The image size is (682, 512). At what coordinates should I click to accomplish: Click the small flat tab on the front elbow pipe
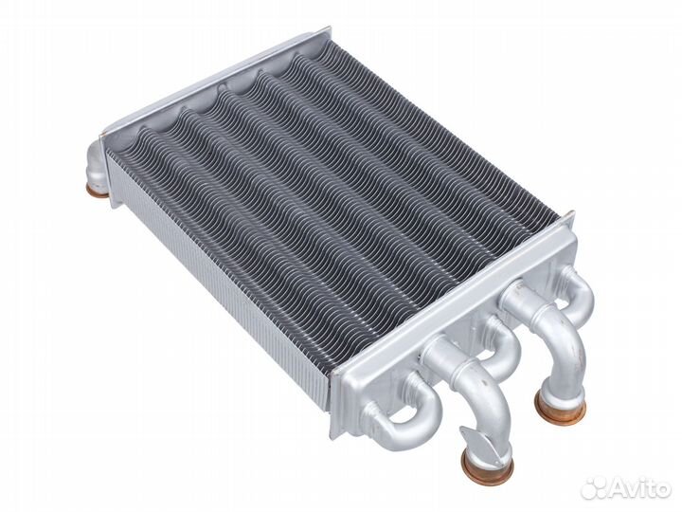[x=471, y=437]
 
